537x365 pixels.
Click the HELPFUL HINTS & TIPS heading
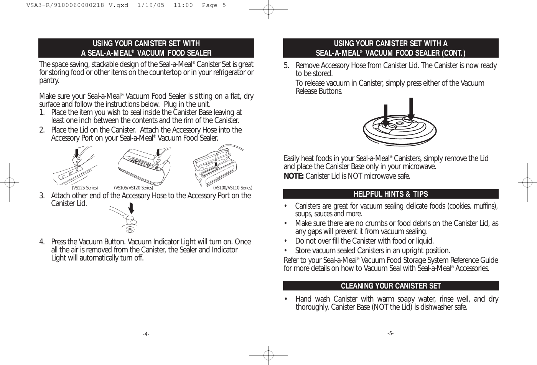tap(390, 194)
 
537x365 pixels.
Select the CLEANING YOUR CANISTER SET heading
tap(390, 286)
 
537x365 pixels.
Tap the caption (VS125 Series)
tap(85, 188)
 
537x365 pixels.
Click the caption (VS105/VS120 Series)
tap(133, 188)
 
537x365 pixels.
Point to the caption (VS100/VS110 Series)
tap(232, 188)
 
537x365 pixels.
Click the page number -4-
tap(146, 333)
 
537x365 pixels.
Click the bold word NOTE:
tap(293, 176)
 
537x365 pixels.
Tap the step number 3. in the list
tap(43, 196)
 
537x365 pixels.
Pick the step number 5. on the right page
tap(287, 66)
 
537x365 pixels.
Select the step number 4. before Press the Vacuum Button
tap(43, 242)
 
